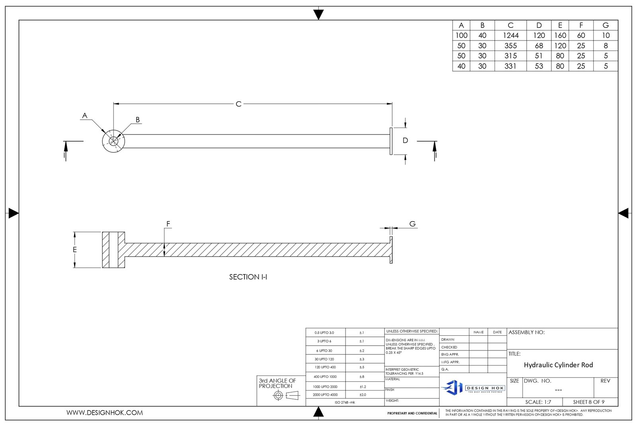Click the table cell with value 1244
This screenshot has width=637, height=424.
click(x=510, y=35)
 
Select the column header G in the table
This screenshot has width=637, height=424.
click(x=606, y=25)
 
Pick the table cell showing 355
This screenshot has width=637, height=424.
click(x=510, y=46)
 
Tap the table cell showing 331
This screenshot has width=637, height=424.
click(x=510, y=66)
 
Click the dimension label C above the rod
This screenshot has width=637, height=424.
click(x=238, y=104)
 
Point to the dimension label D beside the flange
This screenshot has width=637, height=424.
click(x=405, y=140)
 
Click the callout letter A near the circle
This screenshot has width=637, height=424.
click(x=84, y=116)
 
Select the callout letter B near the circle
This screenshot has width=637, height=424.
click(x=138, y=119)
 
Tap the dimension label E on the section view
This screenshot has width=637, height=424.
click(x=74, y=250)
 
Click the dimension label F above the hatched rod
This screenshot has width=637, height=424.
click(x=168, y=224)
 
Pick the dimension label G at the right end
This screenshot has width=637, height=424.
click(x=412, y=224)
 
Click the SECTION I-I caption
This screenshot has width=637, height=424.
click(x=248, y=277)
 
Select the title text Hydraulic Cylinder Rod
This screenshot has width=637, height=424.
click(x=558, y=365)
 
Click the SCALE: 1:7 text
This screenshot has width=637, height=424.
click(x=538, y=402)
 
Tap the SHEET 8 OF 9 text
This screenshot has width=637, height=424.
click(x=588, y=402)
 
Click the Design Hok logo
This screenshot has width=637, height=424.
click(x=473, y=387)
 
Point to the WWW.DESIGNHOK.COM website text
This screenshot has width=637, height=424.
click(x=105, y=413)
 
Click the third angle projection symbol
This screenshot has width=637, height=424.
click(x=286, y=395)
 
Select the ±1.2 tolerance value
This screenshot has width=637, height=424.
click(x=363, y=387)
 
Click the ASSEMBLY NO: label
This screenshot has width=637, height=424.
click(x=526, y=333)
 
